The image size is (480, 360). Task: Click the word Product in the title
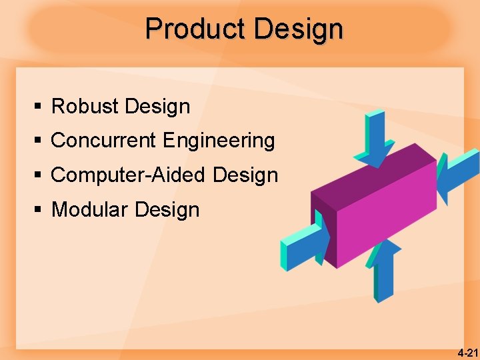[195, 29]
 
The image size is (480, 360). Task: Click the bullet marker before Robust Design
[39, 107]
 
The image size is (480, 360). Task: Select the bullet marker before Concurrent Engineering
[39, 141]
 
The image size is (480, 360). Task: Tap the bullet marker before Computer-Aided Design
[39, 176]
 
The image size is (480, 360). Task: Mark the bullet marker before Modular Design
[39, 211]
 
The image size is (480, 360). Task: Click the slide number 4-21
[467, 352]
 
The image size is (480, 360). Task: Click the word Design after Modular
[167, 210]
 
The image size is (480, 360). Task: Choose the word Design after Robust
[157, 106]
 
